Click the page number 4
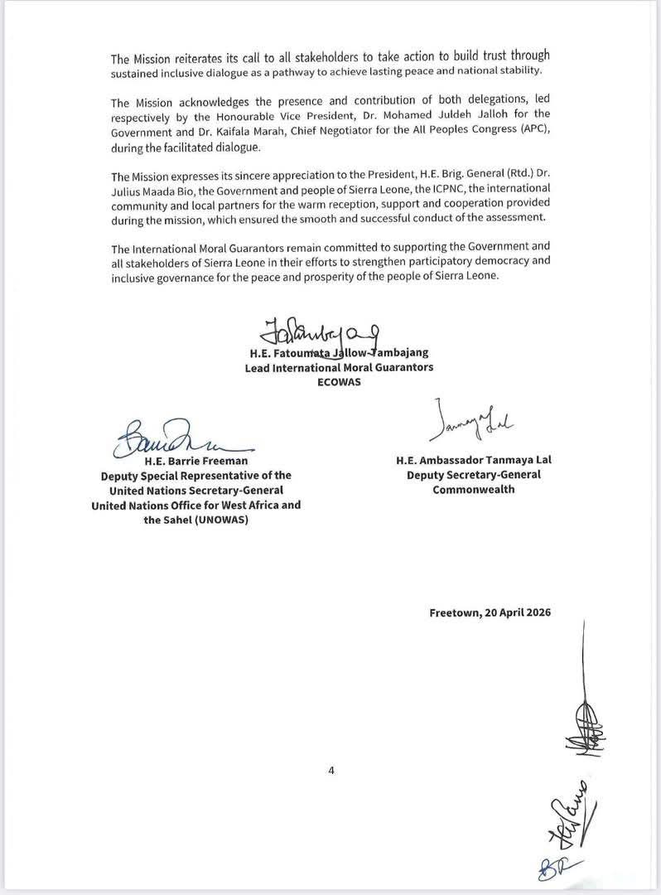(x=330, y=771)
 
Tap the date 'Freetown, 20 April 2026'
(x=490, y=612)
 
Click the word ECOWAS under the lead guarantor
(x=339, y=381)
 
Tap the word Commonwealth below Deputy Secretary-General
(x=473, y=489)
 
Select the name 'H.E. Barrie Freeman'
(x=195, y=460)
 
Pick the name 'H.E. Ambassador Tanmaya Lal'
(x=473, y=460)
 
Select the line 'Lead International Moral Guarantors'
(x=339, y=367)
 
